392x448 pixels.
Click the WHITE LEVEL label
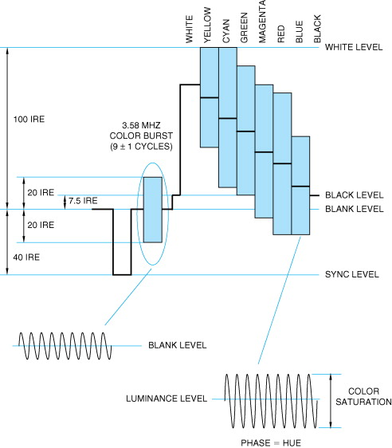pos(354,47)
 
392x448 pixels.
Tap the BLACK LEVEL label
pos(355,195)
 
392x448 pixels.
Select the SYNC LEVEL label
pos(352,274)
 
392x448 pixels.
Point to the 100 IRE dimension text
pos(29,119)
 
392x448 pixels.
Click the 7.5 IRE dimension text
pos(83,201)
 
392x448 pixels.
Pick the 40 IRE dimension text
pos(26,257)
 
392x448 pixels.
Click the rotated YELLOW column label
pos(207,26)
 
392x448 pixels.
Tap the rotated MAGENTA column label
pos(262,22)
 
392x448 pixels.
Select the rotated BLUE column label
pos(299,32)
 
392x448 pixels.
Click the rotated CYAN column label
pos(225,31)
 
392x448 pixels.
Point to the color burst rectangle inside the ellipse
pos(153,210)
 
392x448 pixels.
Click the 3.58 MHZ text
pos(141,125)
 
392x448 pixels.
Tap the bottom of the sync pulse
pos(122,274)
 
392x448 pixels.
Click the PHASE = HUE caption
pos(271,443)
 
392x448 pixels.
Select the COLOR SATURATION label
pos(363,396)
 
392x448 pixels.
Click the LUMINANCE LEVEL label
pos(167,399)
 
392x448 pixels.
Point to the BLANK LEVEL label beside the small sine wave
pos(178,345)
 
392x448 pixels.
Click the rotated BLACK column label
pos(317,29)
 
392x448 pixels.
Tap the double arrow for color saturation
pos(331,401)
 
